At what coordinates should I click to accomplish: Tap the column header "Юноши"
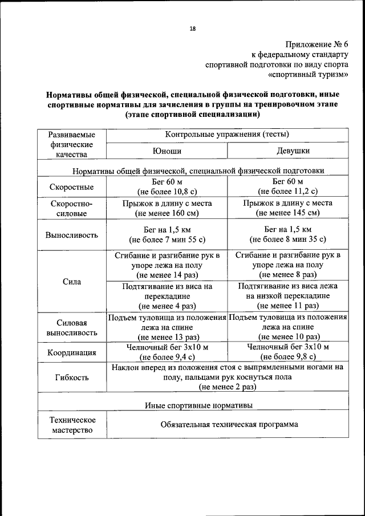pyautogui.click(x=167, y=151)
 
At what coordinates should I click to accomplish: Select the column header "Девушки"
pyautogui.click(x=287, y=151)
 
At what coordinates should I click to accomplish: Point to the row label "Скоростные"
pyautogui.click(x=72, y=187)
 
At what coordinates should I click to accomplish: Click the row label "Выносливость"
pyautogui.click(x=72, y=234)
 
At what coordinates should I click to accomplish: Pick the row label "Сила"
pyautogui.click(x=72, y=281)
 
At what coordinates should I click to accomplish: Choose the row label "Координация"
pyautogui.click(x=72, y=352)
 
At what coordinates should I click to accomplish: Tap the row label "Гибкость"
pyautogui.click(x=72, y=377)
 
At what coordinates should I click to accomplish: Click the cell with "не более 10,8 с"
pyautogui.click(x=167, y=192)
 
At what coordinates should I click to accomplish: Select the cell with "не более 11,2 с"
pyautogui.click(x=287, y=192)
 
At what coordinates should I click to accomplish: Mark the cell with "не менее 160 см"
pyautogui.click(x=167, y=213)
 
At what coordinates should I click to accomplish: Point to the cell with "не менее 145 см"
pyautogui.click(x=287, y=213)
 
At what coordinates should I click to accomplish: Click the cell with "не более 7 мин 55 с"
pyautogui.click(x=167, y=239)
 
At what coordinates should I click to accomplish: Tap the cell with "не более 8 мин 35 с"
pyautogui.click(x=287, y=239)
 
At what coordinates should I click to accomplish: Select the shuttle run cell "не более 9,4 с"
pyautogui.click(x=167, y=357)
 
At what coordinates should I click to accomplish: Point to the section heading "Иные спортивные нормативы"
pyautogui.click(x=198, y=405)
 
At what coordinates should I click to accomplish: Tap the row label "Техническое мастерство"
pyautogui.click(x=72, y=425)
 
